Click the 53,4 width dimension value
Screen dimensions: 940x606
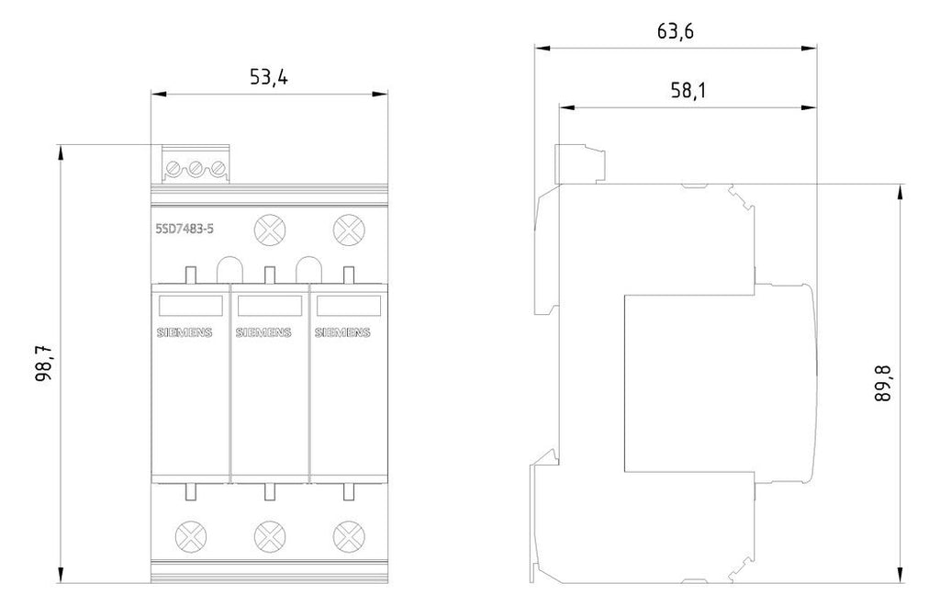(x=268, y=77)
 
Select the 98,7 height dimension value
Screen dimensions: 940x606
(x=45, y=364)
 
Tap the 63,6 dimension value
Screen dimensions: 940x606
(x=675, y=31)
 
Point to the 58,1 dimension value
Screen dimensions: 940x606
(x=688, y=91)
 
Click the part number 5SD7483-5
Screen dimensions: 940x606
(x=185, y=229)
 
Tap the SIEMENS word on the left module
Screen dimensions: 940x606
(x=184, y=332)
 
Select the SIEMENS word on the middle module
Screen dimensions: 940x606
(x=263, y=332)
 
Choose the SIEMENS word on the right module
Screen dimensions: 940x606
(x=342, y=332)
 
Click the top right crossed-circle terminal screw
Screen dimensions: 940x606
(x=348, y=230)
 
